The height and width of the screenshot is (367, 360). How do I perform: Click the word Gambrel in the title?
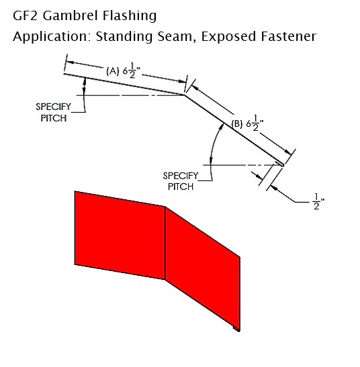pos(70,16)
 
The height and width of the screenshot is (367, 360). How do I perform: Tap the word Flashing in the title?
pos(130,16)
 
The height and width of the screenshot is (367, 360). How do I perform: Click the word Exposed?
pos(228,37)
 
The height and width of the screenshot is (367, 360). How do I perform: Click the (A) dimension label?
pos(124,71)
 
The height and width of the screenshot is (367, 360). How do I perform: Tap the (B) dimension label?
pos(247,123)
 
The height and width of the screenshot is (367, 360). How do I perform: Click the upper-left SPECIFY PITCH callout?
pos(54,113)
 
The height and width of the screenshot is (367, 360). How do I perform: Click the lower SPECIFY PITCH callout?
pos(181,181)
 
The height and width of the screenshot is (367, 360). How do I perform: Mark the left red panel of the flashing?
pos(120,235)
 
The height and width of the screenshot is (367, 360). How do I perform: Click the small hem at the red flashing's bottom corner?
pos(236,329)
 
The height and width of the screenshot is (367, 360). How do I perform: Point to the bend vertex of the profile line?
pos(185,95)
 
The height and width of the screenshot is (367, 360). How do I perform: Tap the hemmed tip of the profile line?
pos(282,164)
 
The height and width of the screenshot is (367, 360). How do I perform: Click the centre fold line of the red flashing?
pos(165,243)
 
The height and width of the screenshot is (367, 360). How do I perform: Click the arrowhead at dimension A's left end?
pos(71,62)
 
